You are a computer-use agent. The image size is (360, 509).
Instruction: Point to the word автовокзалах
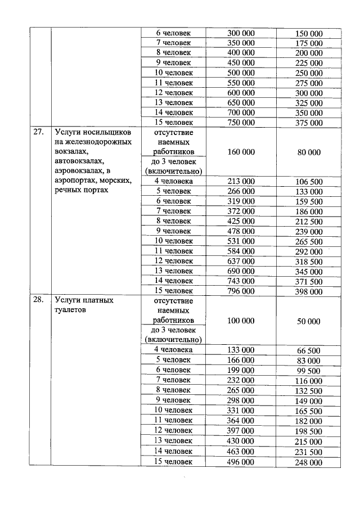(x=79, y=161)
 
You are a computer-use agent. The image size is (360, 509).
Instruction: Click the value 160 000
(x=241, y=152)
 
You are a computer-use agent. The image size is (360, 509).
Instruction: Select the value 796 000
(x=241, y=291)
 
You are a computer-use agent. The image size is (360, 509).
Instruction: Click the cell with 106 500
(x=309, y=182)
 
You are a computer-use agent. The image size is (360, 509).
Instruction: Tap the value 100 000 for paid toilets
(x=241, y=321)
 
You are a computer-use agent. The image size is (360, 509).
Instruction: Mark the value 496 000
(x=241, y=462)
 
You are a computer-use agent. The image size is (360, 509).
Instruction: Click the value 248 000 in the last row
(x=309, y=462)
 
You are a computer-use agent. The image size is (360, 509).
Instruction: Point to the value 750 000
(x=241, y=122)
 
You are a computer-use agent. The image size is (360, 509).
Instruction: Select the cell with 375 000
(x=309, y=123)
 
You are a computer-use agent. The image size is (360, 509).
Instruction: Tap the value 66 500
(x=309, y=350)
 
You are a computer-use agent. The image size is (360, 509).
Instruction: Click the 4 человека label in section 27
(x=174, y=181)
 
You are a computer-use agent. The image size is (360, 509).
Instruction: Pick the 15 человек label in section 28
(x=174, y=461)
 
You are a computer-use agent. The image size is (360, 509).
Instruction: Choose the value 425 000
(x=241, y=221)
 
